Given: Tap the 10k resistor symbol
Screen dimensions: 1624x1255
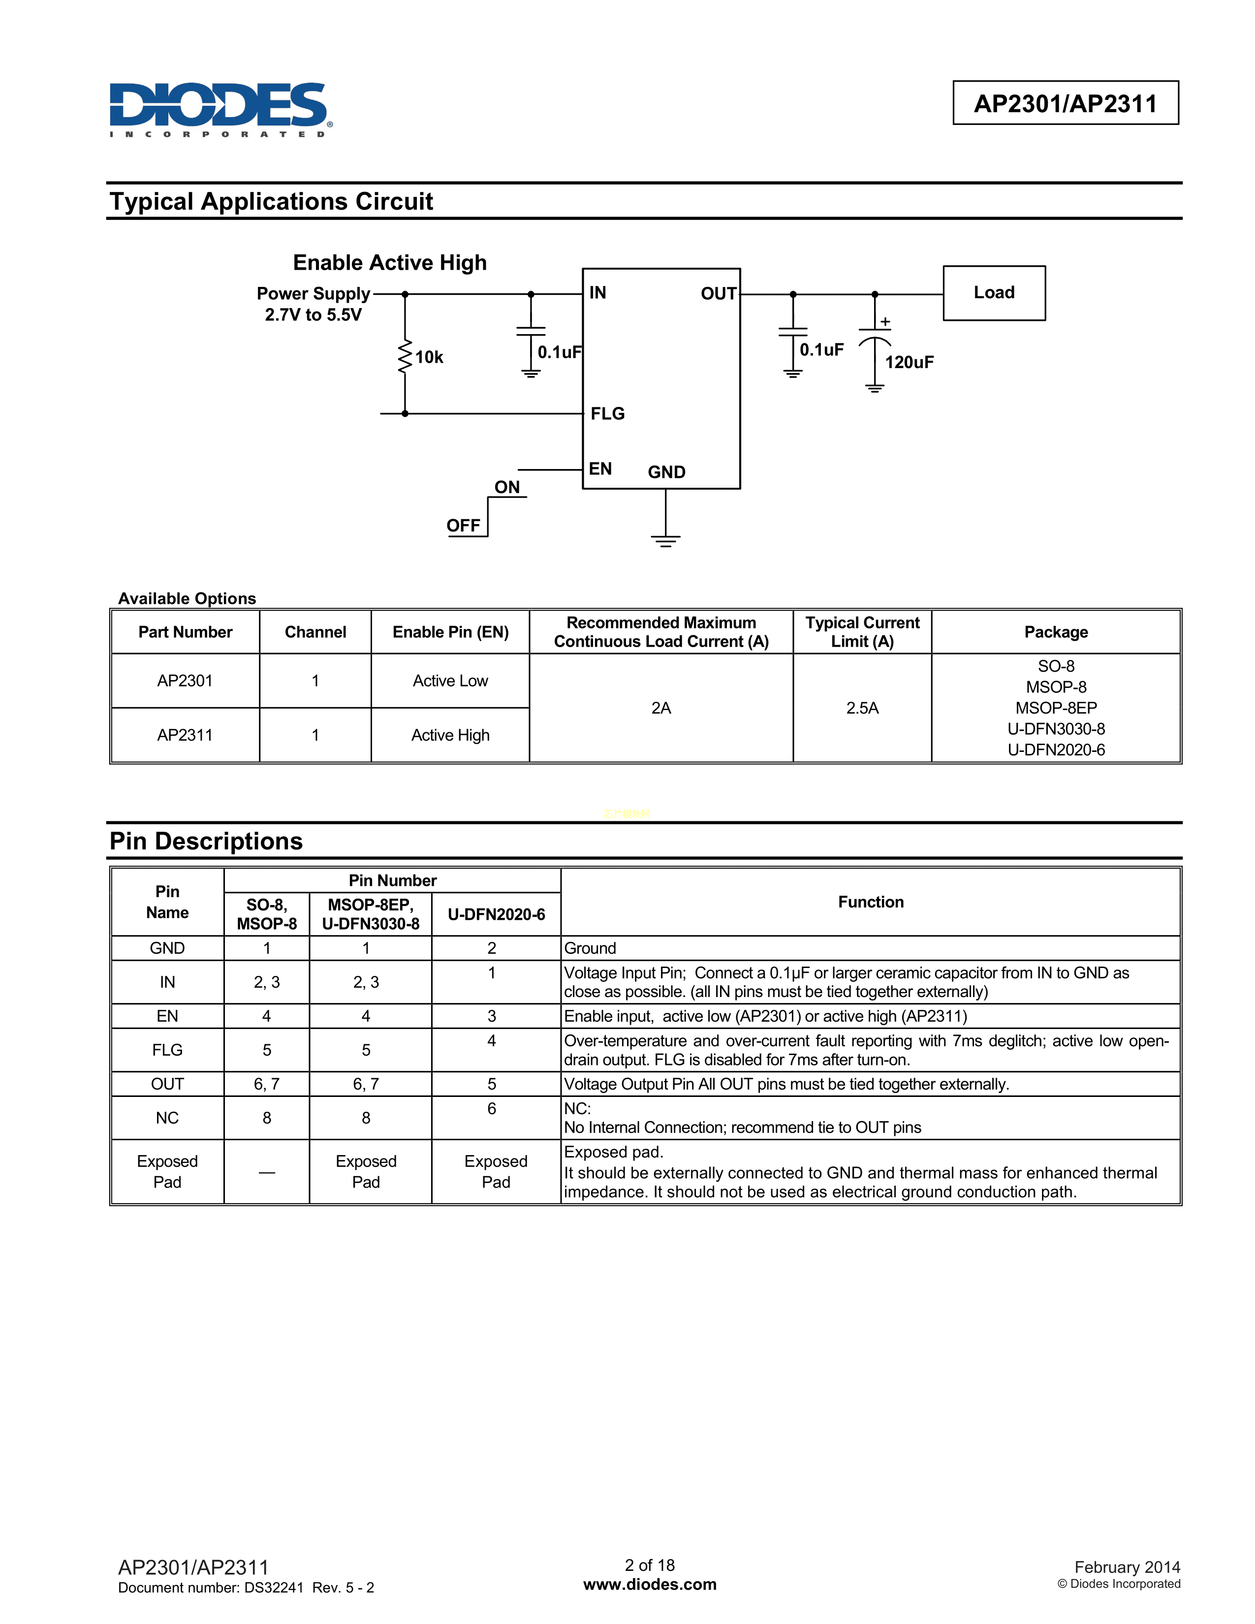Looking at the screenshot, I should pos(405,357).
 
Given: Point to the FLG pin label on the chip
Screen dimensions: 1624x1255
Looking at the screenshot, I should pos(607,413).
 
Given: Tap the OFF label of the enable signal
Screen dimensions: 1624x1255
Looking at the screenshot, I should pos(463,526).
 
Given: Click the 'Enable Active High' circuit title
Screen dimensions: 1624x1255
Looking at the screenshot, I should pos(390,262).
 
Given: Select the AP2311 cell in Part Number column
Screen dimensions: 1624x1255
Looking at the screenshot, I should pos(185,735).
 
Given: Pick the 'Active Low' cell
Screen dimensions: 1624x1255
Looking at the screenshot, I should pos(450,681).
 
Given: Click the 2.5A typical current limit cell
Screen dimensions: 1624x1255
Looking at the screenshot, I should pos(862,708).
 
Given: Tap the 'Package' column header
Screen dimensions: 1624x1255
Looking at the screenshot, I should pos(1056,632).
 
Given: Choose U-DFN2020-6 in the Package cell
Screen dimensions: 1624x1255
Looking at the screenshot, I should pos(1056,750).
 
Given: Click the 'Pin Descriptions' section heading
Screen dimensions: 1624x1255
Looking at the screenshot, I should pos(206,841).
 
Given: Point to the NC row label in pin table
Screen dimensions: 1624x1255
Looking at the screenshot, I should pos(167,1118).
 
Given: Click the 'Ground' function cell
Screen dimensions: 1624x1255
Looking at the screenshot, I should pos(590,948).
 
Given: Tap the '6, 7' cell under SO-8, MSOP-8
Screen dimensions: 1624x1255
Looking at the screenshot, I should pos(266,1084).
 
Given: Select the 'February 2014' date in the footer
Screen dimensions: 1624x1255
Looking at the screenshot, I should pos(1127,1567).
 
